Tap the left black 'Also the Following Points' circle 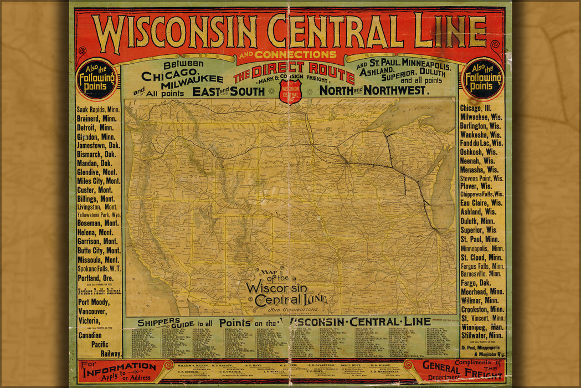pyautogui.click(x=97, y=79)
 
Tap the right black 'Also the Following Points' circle pyautogui.click(x=482, y=79)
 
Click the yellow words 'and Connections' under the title pyautogui.click(x=287, y=55)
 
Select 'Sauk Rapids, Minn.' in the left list pyautogui.click(x=99, y=109)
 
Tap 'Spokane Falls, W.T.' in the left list pyautogui.click(x=99, y=268)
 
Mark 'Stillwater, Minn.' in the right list pyautogui.click(x=482, y=335)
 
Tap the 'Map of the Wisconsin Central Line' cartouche pyautogui.click(x=286, y=289)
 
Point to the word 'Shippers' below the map pyautogui.click(x=160, y=323)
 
